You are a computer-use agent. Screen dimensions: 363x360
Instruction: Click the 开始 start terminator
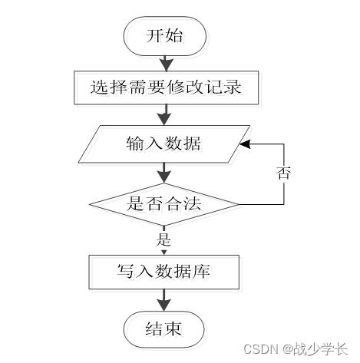pos(164,36)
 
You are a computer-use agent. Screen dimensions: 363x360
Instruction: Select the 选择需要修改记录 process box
pos(164,87)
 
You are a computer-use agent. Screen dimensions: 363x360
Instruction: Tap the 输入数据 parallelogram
pos(164,144)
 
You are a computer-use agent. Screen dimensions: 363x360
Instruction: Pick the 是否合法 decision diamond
pos(164,204)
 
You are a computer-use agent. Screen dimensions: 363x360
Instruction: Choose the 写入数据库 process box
pos(164,271)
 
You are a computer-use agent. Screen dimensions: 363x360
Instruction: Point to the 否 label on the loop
pos(283,172)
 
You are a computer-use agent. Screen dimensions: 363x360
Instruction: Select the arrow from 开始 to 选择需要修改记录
pos(164,62)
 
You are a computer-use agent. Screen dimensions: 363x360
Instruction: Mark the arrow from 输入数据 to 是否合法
pos(164,172)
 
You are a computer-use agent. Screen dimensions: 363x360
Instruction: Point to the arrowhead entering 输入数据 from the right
pos(245,144)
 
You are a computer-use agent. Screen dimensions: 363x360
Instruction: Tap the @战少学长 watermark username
pos(315,348)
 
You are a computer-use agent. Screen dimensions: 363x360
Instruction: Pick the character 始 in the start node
pos(174,36)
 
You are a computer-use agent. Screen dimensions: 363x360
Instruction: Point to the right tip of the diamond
pos(239,204)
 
